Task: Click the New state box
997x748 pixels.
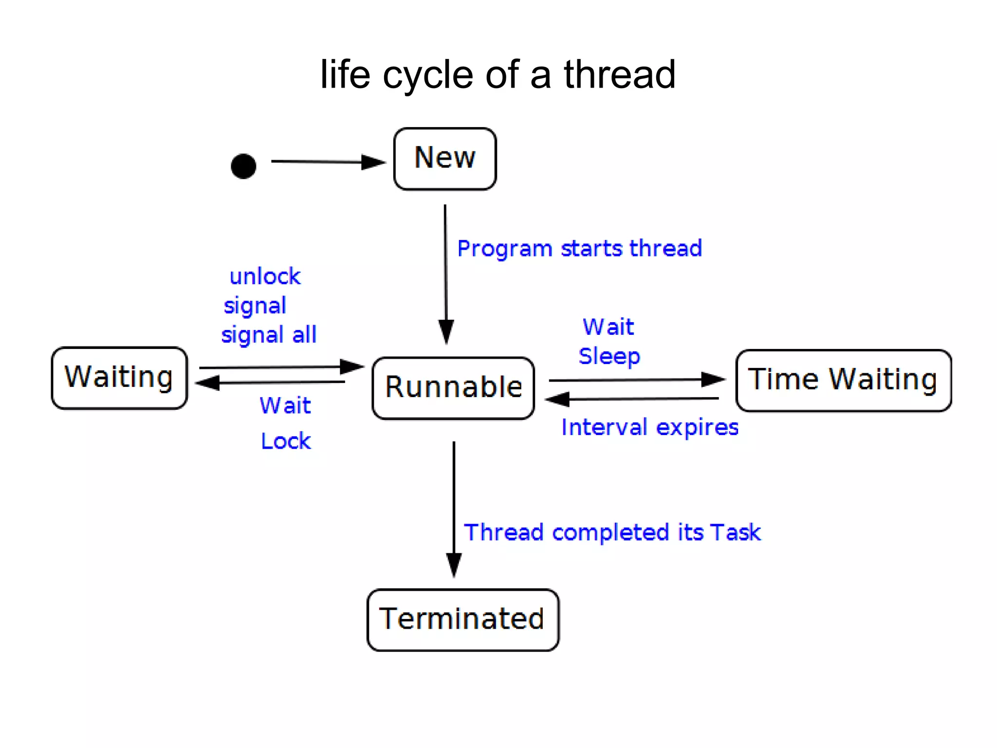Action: [x=444, y=159]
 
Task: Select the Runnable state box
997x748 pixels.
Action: [x=453, y=388]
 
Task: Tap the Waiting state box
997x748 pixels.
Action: [x=119, y=378]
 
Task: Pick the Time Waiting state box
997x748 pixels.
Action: [x=843, y=380]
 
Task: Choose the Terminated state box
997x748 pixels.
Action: [x=462, y=620]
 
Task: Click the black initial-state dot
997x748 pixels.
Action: [x=243, y=166]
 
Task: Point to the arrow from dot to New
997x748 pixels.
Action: [x=326, y=162]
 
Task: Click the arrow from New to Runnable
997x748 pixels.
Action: [x=445, y=273]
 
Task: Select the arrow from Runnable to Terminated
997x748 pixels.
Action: [x=454, y=506]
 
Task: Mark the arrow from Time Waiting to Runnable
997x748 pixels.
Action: [x=633, y=399]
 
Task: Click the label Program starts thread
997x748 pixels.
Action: [x=579, y=249]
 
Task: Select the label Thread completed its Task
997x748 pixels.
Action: [x=612, y=532]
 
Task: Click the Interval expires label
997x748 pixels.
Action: [x=649, y=427]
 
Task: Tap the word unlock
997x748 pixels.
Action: [x=265, y=276]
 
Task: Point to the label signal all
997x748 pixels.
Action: [x=269, y=335]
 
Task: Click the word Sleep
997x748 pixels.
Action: [x=609, y=356]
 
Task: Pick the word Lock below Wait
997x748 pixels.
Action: [x=286, y=441]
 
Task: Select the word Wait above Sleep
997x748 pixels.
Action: [x=609, y=327]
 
